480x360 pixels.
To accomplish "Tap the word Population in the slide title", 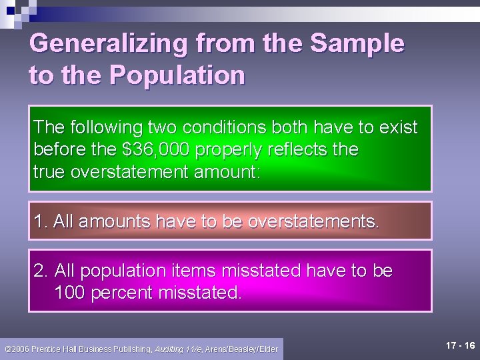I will click(177, 75).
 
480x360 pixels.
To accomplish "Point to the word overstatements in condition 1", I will click(313, 221).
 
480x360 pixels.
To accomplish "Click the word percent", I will click(121, 292).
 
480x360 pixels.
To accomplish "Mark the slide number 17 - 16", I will click(461, 345).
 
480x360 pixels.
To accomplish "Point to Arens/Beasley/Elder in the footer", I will click(241, 349).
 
